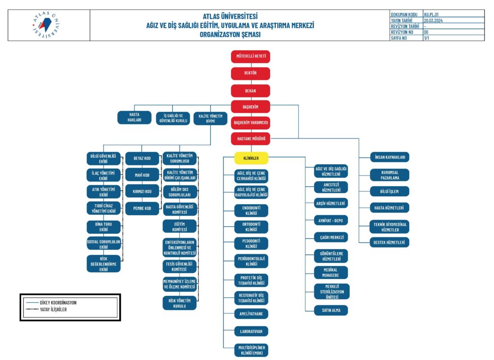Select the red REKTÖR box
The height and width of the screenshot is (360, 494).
[x=250, y=73]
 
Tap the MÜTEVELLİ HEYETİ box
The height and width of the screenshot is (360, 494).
[x=250, y=56]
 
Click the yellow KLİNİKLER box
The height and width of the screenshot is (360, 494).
[x=251, y=158]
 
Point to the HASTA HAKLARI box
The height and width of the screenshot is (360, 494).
[x=135, y=118]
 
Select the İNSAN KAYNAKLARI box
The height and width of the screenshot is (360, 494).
[x=389, y=157]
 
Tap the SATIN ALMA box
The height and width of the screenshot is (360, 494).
[x=331, y=310]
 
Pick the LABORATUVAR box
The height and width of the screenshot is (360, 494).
[x=251, y=332]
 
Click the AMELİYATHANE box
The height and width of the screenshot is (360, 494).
[x=251, y=314]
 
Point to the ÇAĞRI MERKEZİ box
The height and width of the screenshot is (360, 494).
[x=331, y=238]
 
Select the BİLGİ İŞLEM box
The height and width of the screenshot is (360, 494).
[x=389, y=191]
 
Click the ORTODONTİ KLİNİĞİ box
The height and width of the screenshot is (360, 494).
[x=251, y=227]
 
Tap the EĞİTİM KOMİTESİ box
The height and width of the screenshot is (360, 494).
[x=179, y=226]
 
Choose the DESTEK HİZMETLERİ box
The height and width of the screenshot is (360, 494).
[x=389, y=242]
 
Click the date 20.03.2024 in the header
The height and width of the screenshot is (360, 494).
[x=434, y=21]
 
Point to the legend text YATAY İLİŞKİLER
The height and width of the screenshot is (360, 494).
[x=53, y=309]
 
